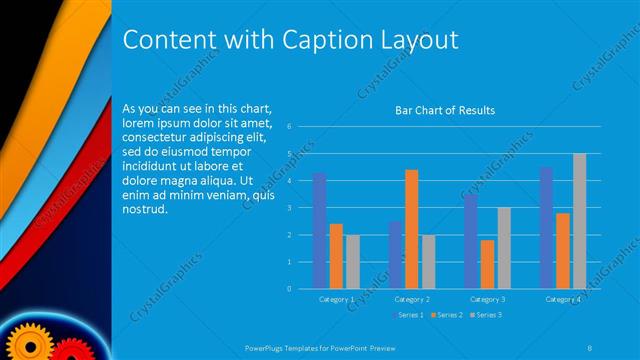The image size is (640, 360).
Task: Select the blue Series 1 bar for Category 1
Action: pyautogui.click(x=319, y=231)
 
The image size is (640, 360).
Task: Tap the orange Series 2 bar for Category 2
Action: pyautogui.click(x=412, y=229)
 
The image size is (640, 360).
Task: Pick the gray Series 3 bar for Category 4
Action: pyautogui.click(x=579, y=221)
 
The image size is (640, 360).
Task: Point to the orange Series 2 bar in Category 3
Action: pyautogui.click(x=487, y=264)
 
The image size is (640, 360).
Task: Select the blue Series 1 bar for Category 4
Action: pyautogui.click(x=546, y=228)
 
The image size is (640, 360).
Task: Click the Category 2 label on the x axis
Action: pyautogui.click(x=412, y=299)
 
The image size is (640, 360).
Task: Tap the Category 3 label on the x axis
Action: pyautogui.click(x=487, y=299)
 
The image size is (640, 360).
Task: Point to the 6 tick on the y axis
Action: pyautogui.click(x=288, y=127)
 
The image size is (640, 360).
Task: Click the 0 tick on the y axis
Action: pyautogui.click(x=288, y=289)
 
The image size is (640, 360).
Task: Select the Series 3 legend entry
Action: pyautogui.click(x=487, y=315)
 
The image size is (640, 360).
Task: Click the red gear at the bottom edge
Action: pyautogui.click(x=68, y=351)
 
